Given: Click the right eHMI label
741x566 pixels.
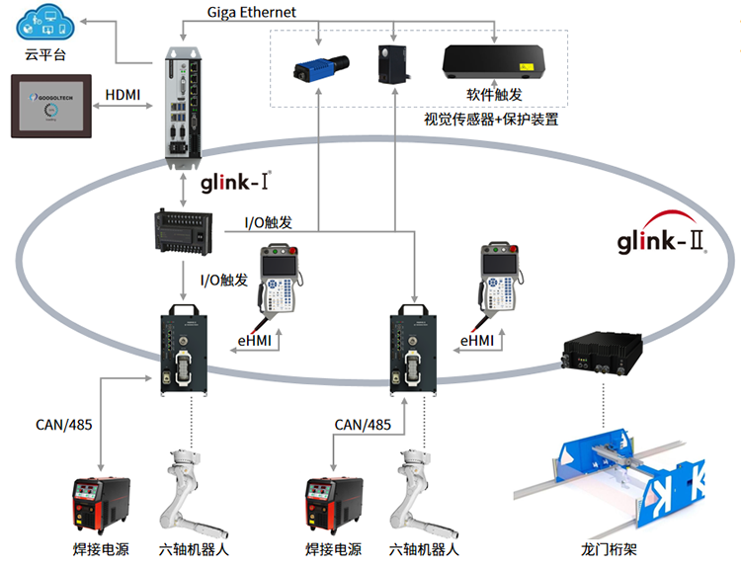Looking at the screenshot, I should (477, 340).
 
